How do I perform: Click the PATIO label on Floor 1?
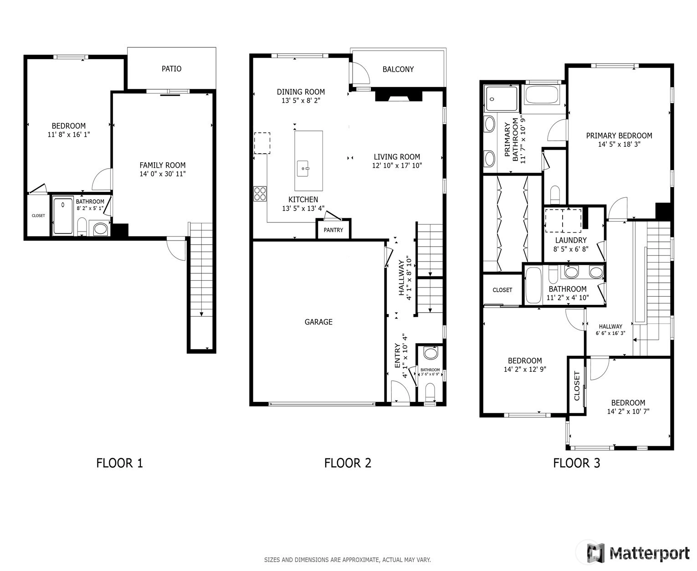coord(171,68)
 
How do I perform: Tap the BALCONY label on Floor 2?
coord(398,69)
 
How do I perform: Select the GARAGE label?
coord(318,322)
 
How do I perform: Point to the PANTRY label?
coord(333,230)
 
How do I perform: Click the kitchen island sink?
coord(303,168)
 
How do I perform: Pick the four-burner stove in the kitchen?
coord(260,194)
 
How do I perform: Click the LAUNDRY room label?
coord(571,240)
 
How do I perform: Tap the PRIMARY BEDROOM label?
coord(619,135)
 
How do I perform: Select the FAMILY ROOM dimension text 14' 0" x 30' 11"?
coord(162,174)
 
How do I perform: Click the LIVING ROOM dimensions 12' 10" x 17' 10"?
coord(397,165)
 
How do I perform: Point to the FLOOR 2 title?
coord(348,463)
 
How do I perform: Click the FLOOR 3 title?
coord(576,463)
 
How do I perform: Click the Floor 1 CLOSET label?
coord(38,216)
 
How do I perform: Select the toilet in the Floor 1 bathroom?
coord(82,226)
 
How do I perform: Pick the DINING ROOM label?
coord(301,92)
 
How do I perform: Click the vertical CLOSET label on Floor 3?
coord(577,386)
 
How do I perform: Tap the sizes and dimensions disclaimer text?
coord(347,560)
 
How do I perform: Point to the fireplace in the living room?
coord(399,95)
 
